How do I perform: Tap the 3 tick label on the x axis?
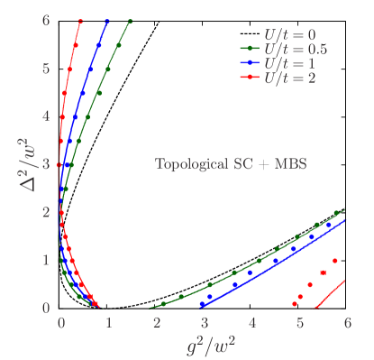click(x=205, y=322)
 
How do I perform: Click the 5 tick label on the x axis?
click(x=300, y=322)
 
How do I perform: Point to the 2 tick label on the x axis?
click(x=157, y=322)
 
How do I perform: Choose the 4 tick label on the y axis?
click(x=44, y=115)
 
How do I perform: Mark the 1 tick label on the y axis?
click(x=44, y=260)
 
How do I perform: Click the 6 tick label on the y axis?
click(x=44, y=20)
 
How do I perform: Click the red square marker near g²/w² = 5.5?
click(x=323, y=272)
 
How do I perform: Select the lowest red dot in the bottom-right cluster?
click(x=295, y=304)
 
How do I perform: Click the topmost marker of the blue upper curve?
click(x=107, y=20)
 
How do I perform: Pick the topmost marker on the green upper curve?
click(x=130, y=20)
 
